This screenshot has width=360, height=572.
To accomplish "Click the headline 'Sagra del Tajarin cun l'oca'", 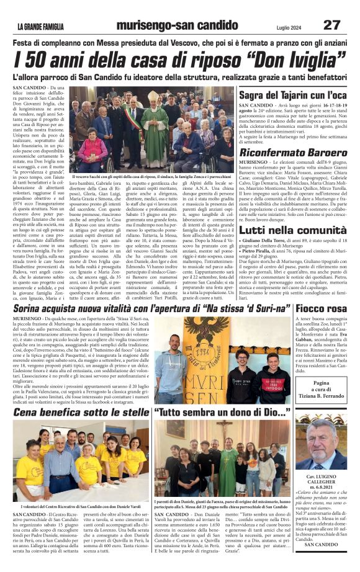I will coord(292,95).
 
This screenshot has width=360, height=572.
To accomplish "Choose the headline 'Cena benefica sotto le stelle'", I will coord(81,411).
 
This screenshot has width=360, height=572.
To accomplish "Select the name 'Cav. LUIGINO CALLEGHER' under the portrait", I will coord(322,480).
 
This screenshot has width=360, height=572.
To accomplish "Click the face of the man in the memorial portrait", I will coord(321,441).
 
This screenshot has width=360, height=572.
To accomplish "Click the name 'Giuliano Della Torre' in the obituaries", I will coord(267,241).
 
